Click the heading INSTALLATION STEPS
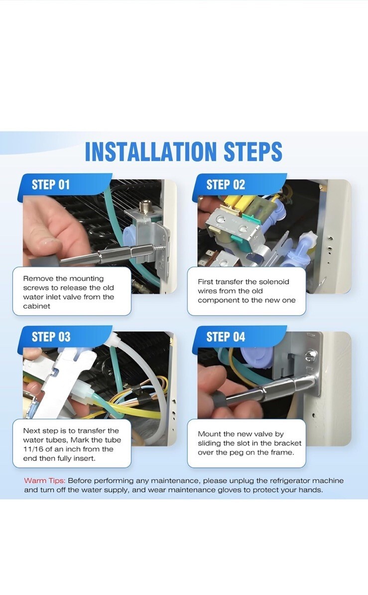pyautogui.click(x=184, y=152)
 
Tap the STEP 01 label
pyautogui.click(x=51, y=185)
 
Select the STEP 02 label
pyautogui.click(x=226, y=185)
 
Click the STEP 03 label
pyautogui.click(x=51, y=337)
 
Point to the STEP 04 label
pyautogui.click(x=226, y=337)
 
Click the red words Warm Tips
pyautogui.click(x=45, y=481)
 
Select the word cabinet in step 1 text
pyautogui.click(x=36, y=306)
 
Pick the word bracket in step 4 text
pyautogui.click(x=287, y=443)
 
